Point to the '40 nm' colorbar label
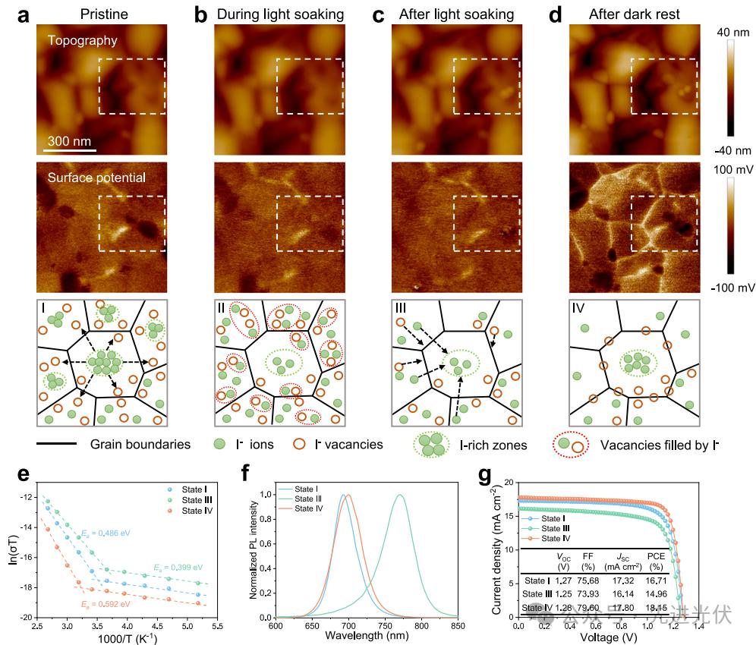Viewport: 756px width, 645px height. [x=734, y=33]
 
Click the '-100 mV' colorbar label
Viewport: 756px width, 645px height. [x=732, y=288]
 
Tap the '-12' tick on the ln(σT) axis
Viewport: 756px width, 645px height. [x=27, y=497]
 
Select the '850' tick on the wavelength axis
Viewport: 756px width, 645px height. [x=458, y=626]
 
